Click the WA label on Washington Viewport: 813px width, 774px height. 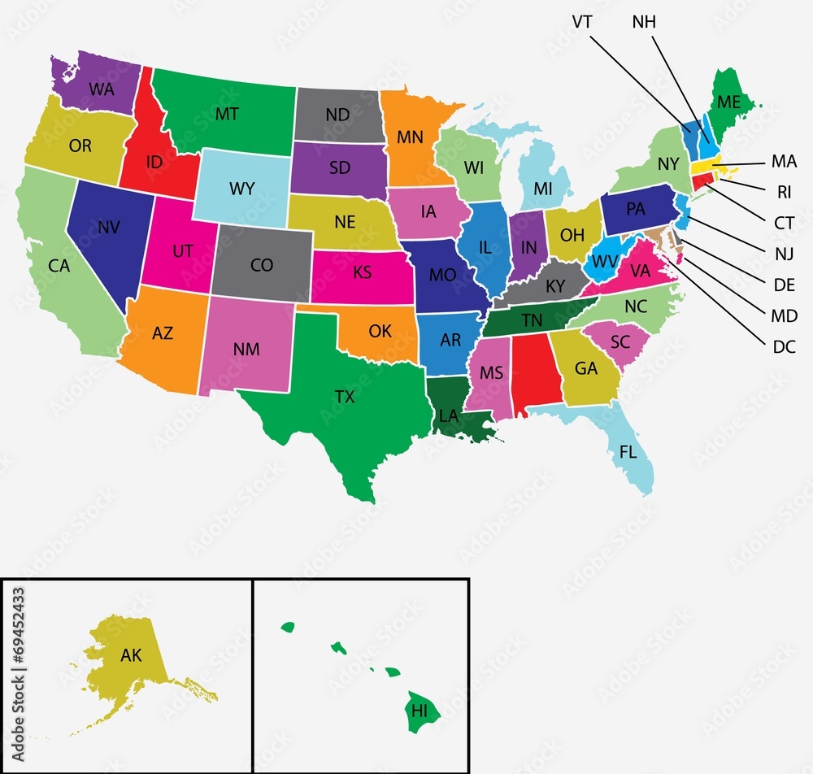pos(102,89)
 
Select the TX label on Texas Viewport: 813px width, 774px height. pos(345,397)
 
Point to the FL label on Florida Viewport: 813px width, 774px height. pos(628,453)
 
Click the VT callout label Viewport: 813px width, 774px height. pos(581,21)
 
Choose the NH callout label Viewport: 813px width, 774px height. pos(644,21)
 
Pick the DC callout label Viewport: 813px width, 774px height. pos(784,347)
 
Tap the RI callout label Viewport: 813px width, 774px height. pos(784,193)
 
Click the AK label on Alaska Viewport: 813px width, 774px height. pos(131,655)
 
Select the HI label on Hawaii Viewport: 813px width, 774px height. pos(420,710)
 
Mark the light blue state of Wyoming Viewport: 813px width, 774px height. pos(242,189)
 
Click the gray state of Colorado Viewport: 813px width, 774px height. pos(262,264)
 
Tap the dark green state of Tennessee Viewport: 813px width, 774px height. pos(533,320)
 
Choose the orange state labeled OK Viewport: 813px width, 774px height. pos(380,331)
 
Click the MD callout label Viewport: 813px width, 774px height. pos(785,316)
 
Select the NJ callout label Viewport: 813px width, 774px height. pos(785,254)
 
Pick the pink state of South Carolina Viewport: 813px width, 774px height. pos(620,342)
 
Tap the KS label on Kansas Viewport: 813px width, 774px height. pos(362,272)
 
